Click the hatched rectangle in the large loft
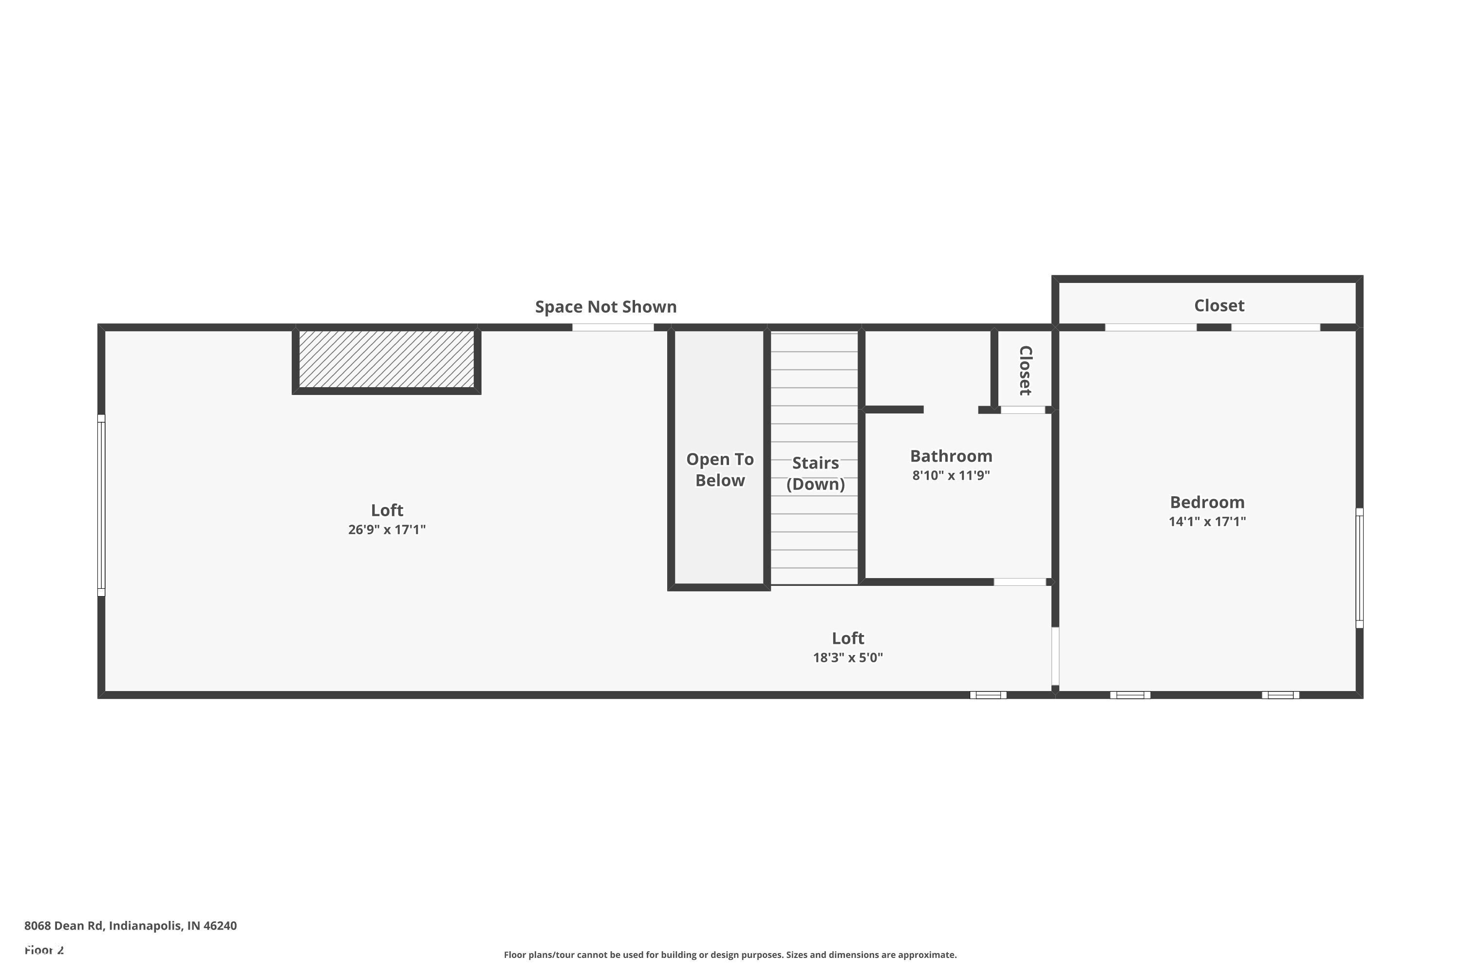click(x=386, y=359)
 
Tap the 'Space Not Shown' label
click(x=606, y=307)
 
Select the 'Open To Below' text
click(x=719, y=469)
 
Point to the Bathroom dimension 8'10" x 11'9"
click(x=951, y=476)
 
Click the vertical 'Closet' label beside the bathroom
click(x=1025, y=370)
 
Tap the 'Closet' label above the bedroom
click(x=1219, y=306)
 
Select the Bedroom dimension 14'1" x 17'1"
click(x=1207, y=522)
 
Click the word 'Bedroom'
click(x=1207, y=502)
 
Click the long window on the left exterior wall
click(x=101, y=505)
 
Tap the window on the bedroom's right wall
click(x=1359, y=568)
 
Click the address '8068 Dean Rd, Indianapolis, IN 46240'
click(x=131, y=926)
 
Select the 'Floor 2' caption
click(x=44, y=950)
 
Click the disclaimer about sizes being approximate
click(x=730, y=955)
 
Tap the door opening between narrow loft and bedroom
click(x=1055, y=656)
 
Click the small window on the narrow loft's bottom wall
click(x=988, y=695)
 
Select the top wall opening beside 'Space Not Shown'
click(x=613, y=327)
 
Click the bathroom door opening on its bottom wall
click(x=1019, y=582)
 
